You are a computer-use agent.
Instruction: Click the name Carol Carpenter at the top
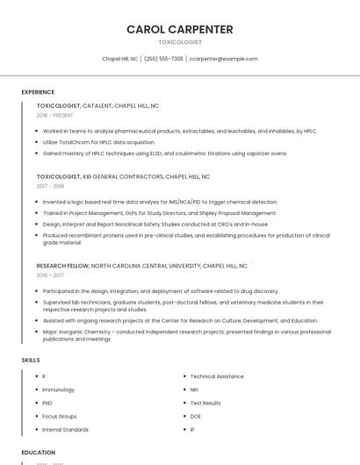(x=180, y=29)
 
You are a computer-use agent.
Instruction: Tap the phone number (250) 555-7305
(x=163, y=59)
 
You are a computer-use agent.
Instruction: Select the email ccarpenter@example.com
(x=223, y=59)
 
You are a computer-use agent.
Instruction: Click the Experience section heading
(x=38, y=92)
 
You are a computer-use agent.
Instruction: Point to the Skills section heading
(x=31, y=360)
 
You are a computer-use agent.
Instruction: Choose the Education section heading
(x=38, y=453)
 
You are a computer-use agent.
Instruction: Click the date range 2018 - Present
(x=55, y=115)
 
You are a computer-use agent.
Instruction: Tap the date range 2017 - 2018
(x=50, y=186)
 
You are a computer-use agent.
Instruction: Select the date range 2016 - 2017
(x=50, y=275)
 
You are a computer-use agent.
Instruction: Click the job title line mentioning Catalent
(x=97, y=105)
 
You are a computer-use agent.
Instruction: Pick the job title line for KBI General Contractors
(x=124, y=176)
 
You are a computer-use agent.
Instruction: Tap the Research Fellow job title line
(x=141, y=265)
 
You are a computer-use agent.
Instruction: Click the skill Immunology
(x=59, y=390)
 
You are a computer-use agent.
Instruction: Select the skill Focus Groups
(x=60, y=416)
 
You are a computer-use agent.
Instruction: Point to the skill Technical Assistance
(x=217, y=376)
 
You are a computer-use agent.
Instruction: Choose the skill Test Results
(x=205, y=403)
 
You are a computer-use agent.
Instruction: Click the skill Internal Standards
(x=66, y=430)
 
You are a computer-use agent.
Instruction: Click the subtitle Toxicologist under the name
(x=180, y=42)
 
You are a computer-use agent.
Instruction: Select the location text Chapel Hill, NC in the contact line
(x=119, y=59)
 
